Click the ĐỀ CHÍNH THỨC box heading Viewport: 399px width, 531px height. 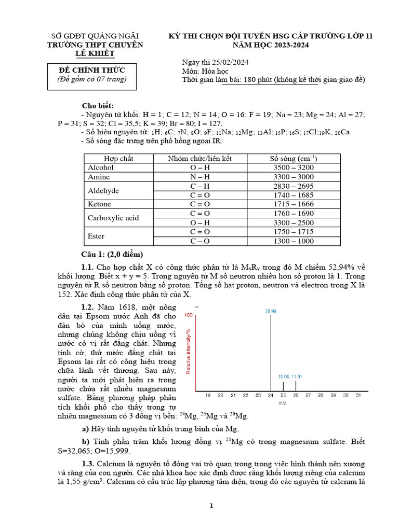coord(91,70)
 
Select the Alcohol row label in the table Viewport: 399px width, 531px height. coord(101,167)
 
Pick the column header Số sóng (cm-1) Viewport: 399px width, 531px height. coord(294,158)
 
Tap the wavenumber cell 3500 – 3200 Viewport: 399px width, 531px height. coord(294,167)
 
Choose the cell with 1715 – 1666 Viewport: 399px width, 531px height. coord(294,204)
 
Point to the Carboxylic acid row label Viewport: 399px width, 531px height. coord(113,218)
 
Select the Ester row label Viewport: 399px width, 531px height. coord(97,236)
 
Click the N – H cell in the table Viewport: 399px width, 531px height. coord(200,177)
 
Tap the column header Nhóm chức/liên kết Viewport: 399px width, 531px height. coord(200,158)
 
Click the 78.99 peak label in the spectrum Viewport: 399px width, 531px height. coord(270,311)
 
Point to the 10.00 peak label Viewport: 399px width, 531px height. coord(283,377)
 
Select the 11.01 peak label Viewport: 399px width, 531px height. coord(297,377)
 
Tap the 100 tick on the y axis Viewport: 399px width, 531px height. coord(189,315)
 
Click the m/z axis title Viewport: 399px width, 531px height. coord(282,403)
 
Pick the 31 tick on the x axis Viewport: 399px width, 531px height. coord(358,396)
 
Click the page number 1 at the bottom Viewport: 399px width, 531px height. coord(211,506)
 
